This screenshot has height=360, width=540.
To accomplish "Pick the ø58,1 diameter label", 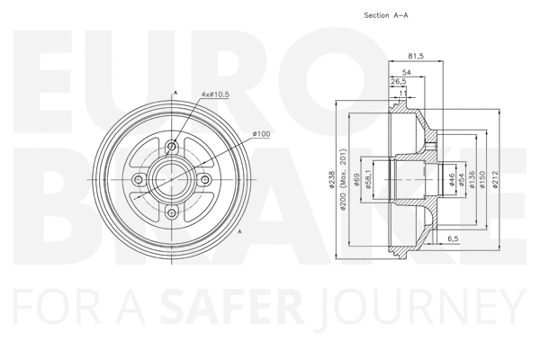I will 369,179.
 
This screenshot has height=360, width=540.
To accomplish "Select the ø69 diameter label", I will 357,179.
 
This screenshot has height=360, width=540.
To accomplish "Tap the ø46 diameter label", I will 452,179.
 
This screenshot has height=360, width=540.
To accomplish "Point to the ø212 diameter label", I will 499,179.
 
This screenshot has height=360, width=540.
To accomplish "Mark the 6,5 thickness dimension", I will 453,238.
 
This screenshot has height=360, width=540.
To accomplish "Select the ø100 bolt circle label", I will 262,134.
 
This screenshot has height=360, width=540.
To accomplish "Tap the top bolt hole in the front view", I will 171,147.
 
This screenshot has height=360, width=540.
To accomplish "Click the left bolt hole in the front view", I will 138,180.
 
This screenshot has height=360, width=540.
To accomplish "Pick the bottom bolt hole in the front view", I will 171,213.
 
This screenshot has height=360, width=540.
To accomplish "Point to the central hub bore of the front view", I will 171,180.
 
